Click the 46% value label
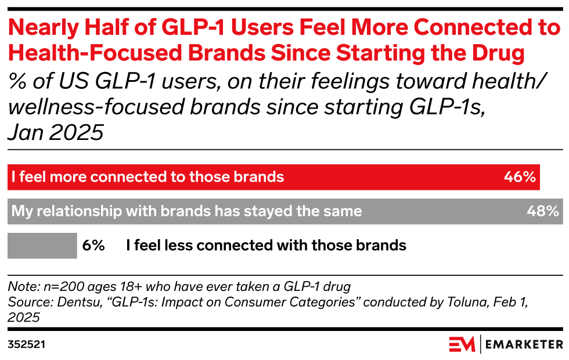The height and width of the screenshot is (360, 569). coord(519,177)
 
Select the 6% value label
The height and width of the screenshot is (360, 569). coord(93,245)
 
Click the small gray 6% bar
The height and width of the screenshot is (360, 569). coord(42,245)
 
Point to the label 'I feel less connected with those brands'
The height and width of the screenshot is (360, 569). coord(266,245)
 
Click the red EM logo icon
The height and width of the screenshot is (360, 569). coord(462,344)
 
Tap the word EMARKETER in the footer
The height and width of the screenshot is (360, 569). coord(523,344)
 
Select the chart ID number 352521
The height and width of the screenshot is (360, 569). coord(27,344)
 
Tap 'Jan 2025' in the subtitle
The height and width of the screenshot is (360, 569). coord(55,133)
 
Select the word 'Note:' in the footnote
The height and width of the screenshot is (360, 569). coord(21,287)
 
